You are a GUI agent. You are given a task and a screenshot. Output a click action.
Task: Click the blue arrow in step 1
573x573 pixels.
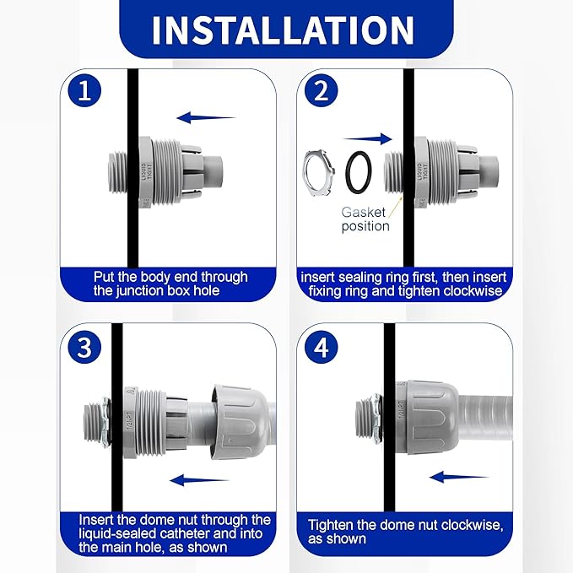pos(206,118)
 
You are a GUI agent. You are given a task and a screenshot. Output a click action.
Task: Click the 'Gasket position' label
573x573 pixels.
pos(365,219)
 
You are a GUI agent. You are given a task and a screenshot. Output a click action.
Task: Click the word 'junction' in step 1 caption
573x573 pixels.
pos(146,291)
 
